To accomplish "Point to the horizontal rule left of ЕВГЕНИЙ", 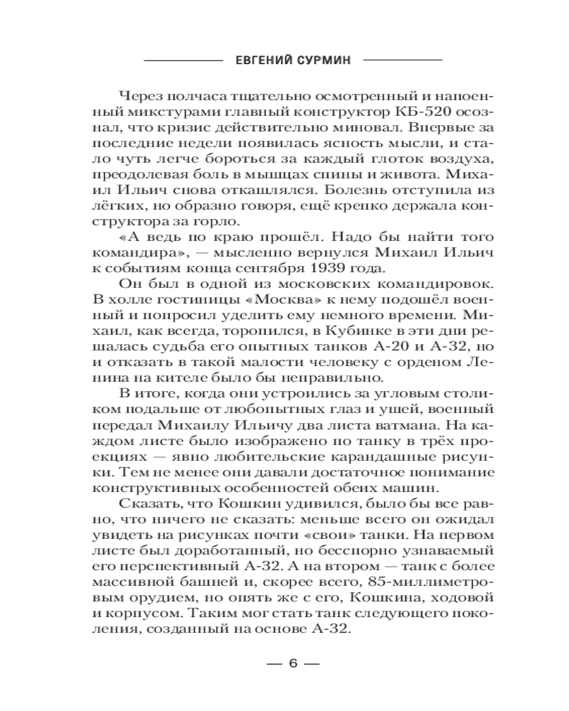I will pyautogui.click(x=183, y=62).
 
